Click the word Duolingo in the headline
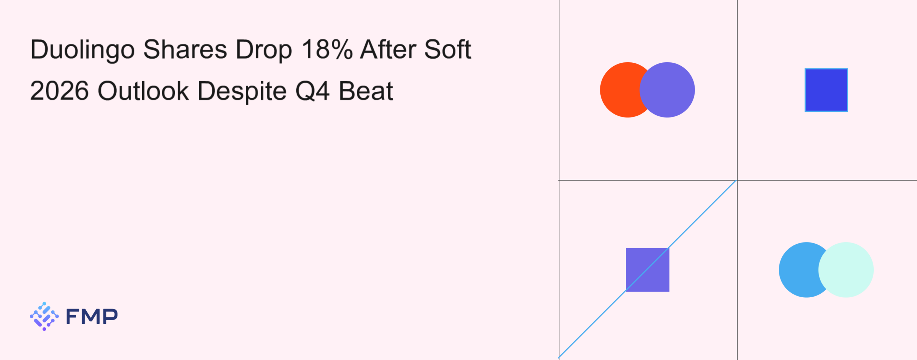(82, 50)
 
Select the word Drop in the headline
(264, 50)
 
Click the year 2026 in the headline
(59, 91)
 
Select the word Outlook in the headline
(143, 91)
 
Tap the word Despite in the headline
(242, 92)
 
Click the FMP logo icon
(44, 316)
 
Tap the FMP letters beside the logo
(92, 316)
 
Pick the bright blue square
(826, 90)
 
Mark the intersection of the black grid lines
(737, 180)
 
